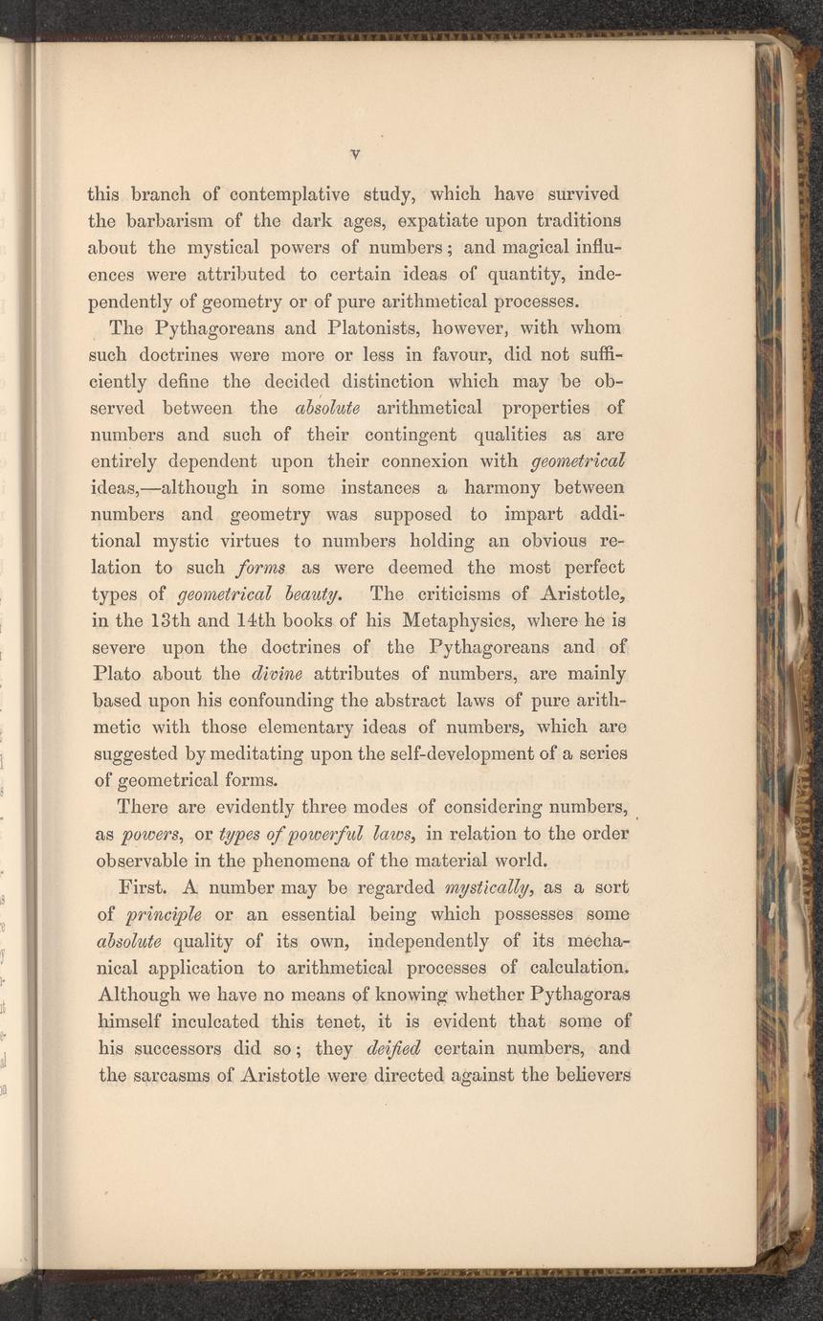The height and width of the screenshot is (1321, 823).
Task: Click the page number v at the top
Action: [354, 152]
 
